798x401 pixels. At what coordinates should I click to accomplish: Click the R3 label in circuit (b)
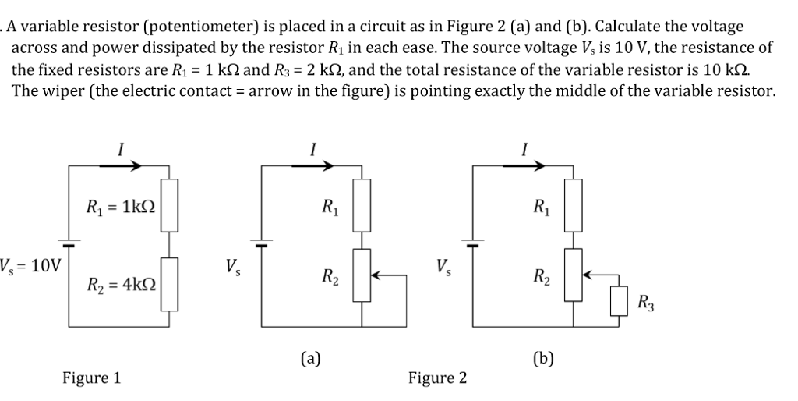tap(646, 302)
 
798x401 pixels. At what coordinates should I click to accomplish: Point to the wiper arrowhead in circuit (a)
tap(376, 275)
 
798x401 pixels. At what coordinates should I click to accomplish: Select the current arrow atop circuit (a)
tap(312, 165)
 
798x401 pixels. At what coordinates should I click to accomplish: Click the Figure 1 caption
tap(92, 378)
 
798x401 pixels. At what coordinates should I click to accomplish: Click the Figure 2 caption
tap(438, 378)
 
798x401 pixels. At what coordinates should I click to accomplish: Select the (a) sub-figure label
tap(311, 358)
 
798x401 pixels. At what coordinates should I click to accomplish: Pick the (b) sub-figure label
tap(543, 358)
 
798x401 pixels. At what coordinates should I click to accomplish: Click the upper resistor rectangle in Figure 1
tap(169, 205)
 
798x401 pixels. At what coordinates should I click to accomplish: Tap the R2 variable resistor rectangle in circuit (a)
tap(362, 275)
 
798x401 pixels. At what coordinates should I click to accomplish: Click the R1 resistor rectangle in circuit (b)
tap(574, 205)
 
